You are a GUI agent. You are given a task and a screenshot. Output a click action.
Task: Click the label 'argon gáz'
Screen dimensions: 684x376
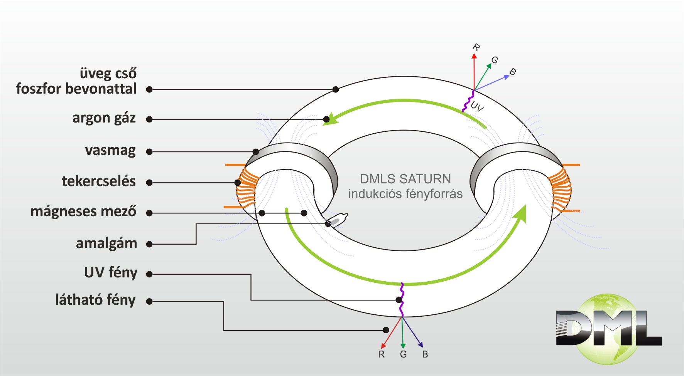coord(104,118)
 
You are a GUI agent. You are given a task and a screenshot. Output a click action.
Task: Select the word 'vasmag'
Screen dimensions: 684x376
coord(110,150)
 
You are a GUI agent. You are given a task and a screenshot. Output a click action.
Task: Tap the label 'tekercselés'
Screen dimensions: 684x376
coord(99,181)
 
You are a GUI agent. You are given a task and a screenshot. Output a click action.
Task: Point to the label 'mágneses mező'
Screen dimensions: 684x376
coord(83,211)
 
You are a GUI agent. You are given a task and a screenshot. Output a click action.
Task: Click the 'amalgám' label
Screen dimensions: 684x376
coord(106,243)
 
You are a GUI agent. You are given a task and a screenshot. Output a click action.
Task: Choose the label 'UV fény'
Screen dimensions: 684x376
coord(111,272)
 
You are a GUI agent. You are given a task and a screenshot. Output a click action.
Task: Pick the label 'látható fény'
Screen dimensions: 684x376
coord(95,300)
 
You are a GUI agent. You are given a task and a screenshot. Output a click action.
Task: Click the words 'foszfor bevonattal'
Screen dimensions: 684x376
coord(76,89)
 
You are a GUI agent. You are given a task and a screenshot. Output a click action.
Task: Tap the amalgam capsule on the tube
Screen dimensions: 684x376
coord(336,220)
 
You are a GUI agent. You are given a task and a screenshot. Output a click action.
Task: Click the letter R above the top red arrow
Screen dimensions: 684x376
coord(476,48)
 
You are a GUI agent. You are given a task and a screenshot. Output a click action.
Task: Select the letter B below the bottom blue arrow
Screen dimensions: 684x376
coord(425,354)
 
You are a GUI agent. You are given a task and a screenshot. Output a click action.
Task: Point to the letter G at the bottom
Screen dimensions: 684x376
coord(404,354)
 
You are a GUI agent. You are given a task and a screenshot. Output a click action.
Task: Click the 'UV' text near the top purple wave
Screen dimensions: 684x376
coord(477,107)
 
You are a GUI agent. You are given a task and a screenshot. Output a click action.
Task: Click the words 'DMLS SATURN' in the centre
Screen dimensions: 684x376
coord(405,179)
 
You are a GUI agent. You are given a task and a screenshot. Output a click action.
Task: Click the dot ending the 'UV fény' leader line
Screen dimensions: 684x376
coord(399,300)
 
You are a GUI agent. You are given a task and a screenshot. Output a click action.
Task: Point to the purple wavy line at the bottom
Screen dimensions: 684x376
coord(402,300)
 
